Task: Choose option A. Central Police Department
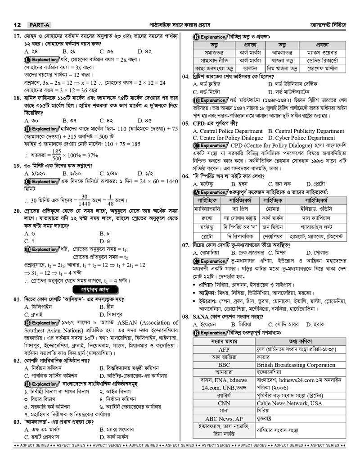tap(228, 131)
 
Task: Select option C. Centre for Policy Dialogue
tap(228, 138)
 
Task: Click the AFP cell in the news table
tap(224, 349)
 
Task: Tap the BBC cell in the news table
tap(224, 365)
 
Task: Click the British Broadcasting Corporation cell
tap(296, 365)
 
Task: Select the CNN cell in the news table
tap(224, 403)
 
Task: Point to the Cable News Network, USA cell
tap(289, 403)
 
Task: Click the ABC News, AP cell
tap(224, 419)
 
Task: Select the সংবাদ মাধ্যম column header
tap(224, 341)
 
